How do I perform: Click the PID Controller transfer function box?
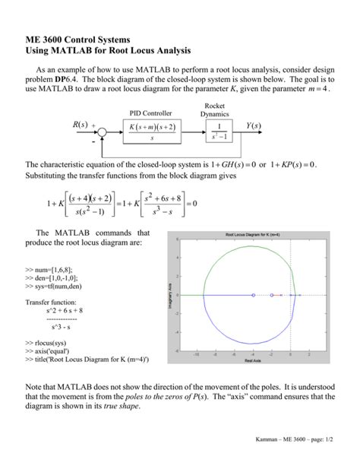click(152, 131)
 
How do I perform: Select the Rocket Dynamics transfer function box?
click(219, 131)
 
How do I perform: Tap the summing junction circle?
click(103, 131)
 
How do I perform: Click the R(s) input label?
click(81, 125)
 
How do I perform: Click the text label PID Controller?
click(152, 113)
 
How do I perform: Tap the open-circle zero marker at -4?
click(253, 295)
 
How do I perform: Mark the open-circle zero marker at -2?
click(271, 295)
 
